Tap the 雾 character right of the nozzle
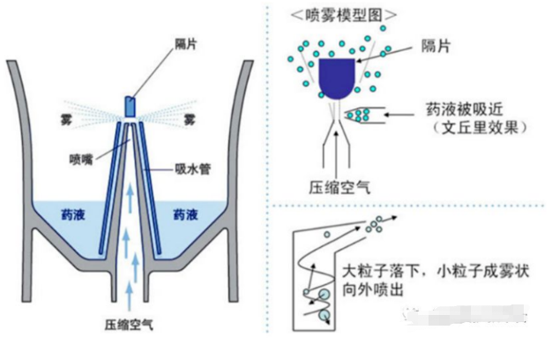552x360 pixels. click(x=187, y=118)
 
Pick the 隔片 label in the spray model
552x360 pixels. click(x=437, y=45)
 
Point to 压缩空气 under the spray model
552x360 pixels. click(x=334, y=187)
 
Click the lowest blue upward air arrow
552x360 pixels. click(x=130, y=291)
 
